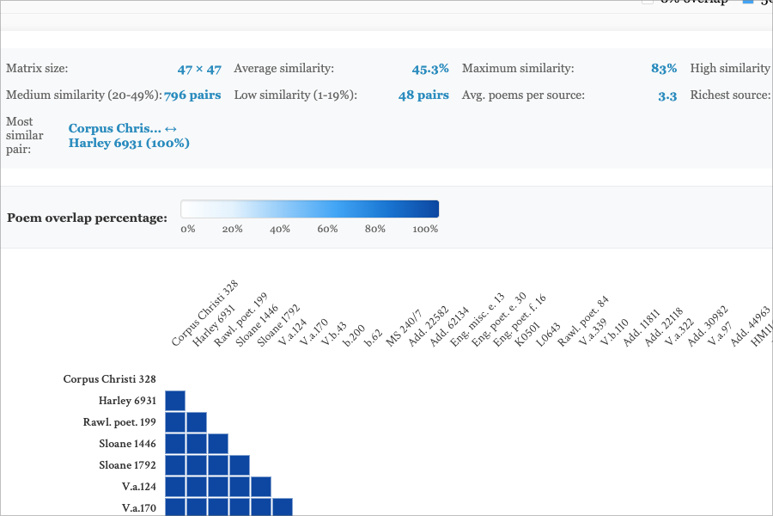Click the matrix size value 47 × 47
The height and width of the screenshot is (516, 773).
[199, 69]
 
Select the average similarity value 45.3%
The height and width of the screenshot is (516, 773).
[430, 69]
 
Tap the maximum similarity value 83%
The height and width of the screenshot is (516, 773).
[664, 69]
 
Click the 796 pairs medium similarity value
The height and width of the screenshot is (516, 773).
[192, 95]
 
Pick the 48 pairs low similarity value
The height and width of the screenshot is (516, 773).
[423, 95]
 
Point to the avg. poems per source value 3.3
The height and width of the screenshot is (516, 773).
[667, 95]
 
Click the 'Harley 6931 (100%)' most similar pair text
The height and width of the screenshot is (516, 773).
[129, 143]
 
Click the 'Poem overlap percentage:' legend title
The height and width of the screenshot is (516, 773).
[87, 218]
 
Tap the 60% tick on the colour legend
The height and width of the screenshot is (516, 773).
[326, 230]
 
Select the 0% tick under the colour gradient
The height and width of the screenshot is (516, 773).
[188, 230]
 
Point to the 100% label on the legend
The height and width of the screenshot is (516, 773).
[425, 230]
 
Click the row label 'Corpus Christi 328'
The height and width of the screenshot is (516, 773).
[110, 379]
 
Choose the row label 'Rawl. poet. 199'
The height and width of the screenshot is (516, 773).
[119, 422]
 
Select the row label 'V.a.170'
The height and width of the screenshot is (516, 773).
[138, 508]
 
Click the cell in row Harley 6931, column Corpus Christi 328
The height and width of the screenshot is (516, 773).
[175, 401]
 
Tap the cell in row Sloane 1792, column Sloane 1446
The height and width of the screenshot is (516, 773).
[240, 465]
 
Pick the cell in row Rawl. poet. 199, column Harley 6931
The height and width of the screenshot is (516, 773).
[197, 422]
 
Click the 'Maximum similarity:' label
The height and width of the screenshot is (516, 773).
[518, 69]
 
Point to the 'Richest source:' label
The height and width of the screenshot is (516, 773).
[729, 95]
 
